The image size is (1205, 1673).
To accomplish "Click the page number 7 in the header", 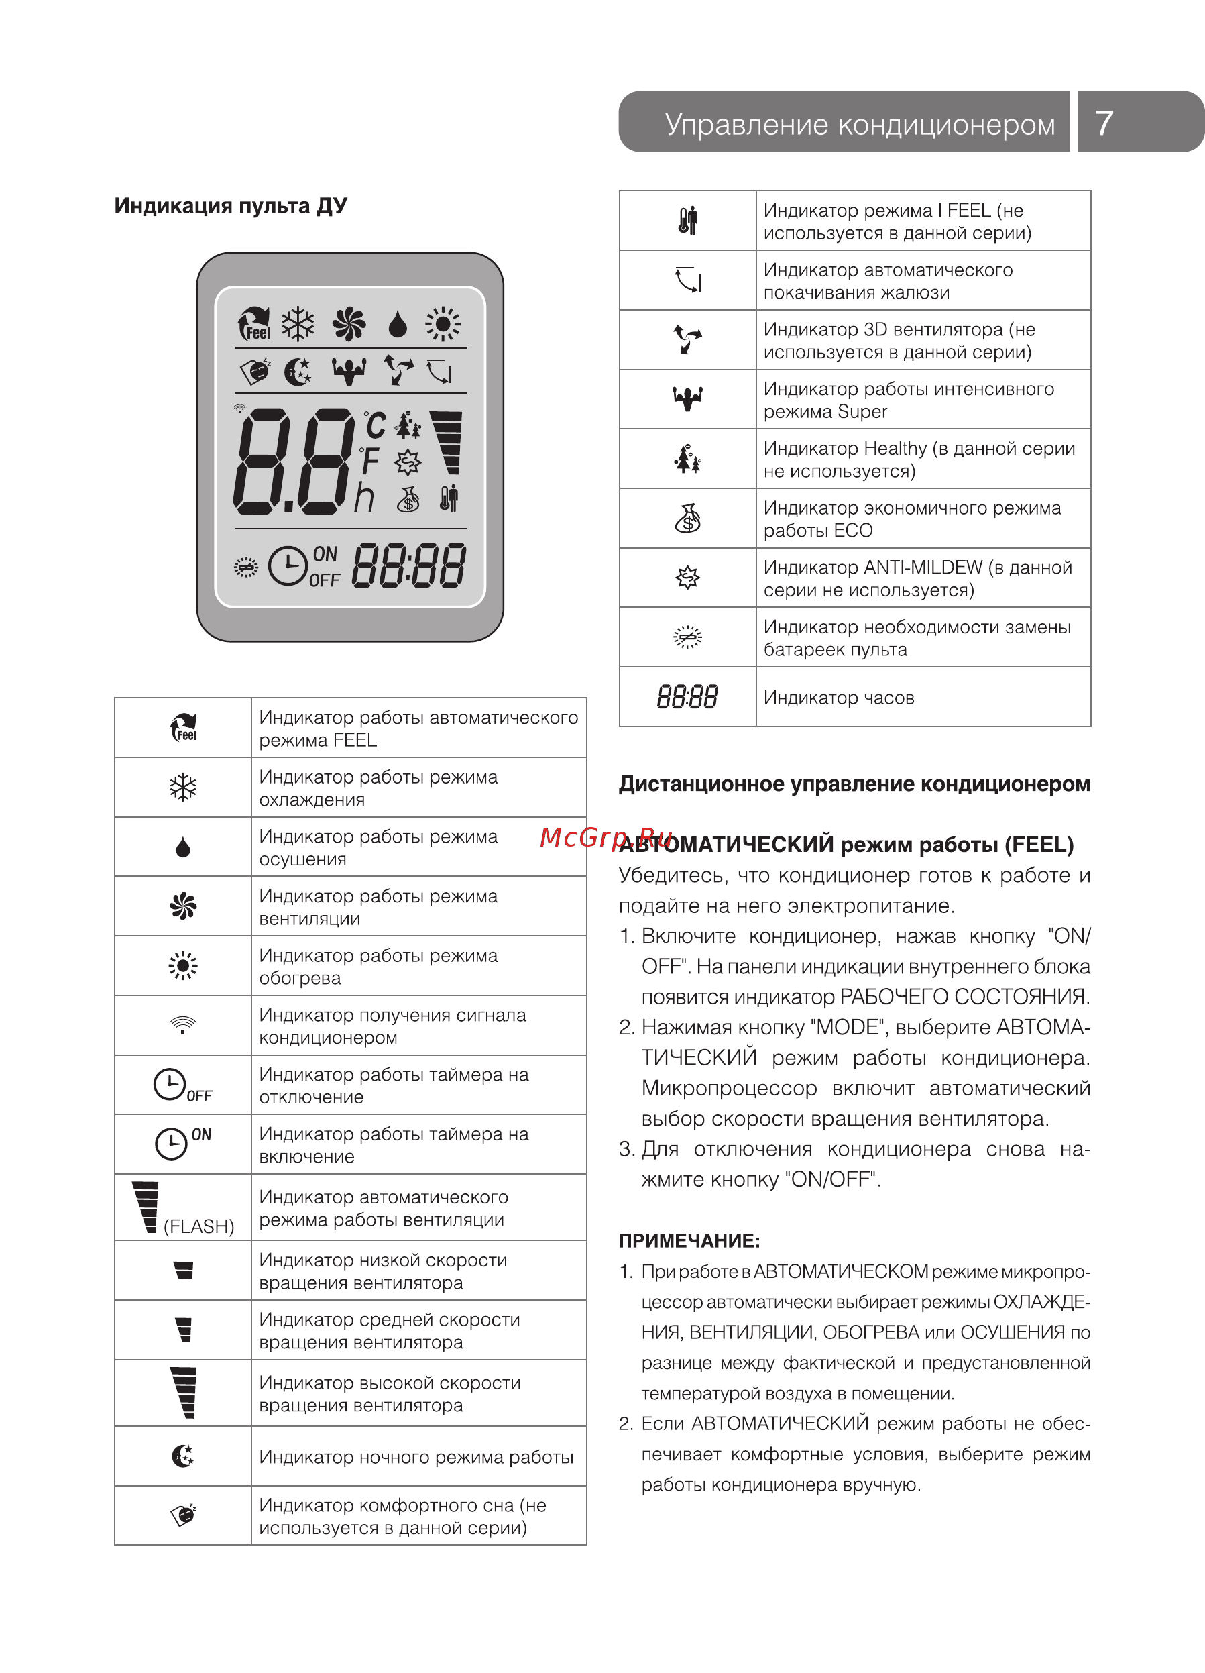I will click(x=1103, y=123).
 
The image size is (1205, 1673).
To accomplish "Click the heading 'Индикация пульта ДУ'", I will click(x=230, y=206).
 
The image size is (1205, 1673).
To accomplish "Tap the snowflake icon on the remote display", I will click(x=298, y=324).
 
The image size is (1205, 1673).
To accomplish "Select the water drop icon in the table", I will click(x=183, y=847).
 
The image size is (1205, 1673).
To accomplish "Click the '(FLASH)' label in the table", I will click(x=198, y=1226).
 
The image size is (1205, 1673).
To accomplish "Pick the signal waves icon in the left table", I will click(x=183, y=1024).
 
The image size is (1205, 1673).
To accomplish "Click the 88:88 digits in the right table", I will click(x=687, y=697).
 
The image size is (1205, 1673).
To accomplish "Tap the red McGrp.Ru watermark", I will click(x=606, y=837).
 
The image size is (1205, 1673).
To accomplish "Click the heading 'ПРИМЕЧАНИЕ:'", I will click(x=689, y=1241).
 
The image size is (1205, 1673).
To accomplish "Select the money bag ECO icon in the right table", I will click(x=687, y=519).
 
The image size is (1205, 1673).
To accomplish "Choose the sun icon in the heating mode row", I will click(x=183, y=965).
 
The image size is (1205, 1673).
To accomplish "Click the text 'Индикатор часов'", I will click(x=838, y=698).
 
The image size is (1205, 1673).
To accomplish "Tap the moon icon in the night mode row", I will click(x=183, y=1456).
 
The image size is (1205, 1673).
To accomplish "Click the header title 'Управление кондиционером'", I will click(x=859, y=125).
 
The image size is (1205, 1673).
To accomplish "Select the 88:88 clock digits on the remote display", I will click(x=409, y=565).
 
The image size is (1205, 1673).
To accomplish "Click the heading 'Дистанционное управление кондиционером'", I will click(x=854, y=784).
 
